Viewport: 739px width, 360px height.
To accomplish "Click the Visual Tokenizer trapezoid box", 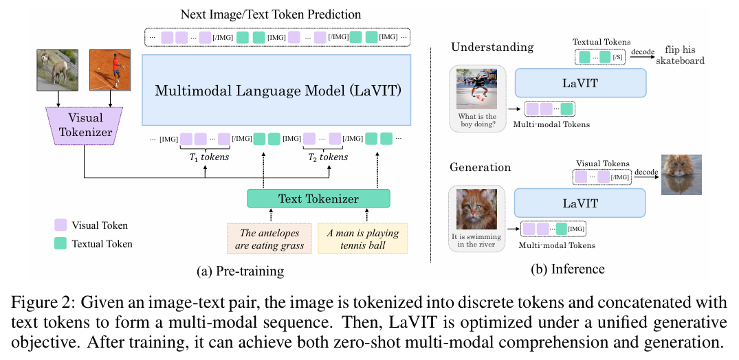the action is pyautogui.click(x=84, y=125).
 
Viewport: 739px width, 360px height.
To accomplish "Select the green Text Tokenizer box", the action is pyautogui.click(x=318, y=199).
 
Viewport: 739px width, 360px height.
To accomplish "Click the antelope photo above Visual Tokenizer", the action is pyautogui.click(x=57, y=70).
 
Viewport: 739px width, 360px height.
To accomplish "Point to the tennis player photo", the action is pyautogui.click(x=110, y=70).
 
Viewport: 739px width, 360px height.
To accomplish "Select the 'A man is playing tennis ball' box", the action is pyautogui.click(x=362, y=239).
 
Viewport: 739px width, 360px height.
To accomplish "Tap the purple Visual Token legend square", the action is pyautogui.click(x=60, y=225).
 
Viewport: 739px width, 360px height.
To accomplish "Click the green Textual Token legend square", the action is pyautogui.click(x=60, y=244).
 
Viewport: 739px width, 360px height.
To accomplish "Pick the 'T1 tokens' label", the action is pyautogui.click(x=206, y=157).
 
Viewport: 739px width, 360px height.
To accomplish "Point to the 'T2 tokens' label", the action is pyautogui.click(x=328, y=157).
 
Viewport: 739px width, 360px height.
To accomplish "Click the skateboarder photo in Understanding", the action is pyautogui.click(x=477, y=89).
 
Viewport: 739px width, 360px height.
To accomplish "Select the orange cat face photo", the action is pyautogui.click(x=477, y=209).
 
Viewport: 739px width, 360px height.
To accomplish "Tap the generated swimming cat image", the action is pyautogui.click(x=681, y=175).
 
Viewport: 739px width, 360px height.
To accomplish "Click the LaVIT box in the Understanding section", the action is pyautogui.click(x=581, y=83).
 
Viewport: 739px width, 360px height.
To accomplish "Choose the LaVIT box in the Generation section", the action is pyautogui.click(x=581, y=203).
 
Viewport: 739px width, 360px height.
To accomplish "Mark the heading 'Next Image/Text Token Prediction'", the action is pyautogui.click(x=271, y=14).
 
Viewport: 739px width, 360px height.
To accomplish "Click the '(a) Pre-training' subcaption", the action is pyautogui.click(x=241, y=271).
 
